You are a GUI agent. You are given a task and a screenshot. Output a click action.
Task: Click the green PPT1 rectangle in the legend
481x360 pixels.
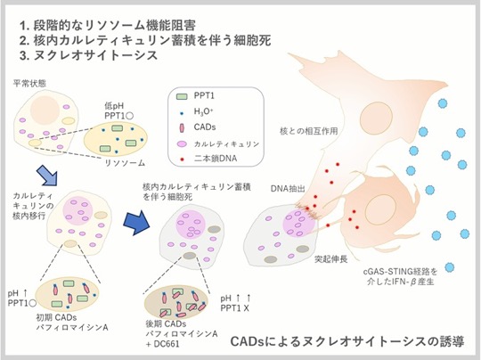[x=182, y=96]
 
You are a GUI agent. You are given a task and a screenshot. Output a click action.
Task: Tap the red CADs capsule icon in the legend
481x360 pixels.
[x=182, y=127]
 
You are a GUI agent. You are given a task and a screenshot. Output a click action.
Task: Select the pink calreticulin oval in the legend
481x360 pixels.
[x=182, y=143]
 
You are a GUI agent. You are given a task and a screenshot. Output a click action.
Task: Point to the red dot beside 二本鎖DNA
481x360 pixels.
[x=182, y=160]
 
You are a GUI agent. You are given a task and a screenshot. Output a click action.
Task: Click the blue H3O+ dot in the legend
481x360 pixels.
[x=182, y=113]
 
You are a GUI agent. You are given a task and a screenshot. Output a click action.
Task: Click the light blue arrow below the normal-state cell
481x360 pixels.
[x=46, y=175]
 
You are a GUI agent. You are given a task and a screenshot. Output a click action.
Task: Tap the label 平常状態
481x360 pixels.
[x=29, y=83]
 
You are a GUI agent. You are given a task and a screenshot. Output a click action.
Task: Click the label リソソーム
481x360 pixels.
[x=125, y=163]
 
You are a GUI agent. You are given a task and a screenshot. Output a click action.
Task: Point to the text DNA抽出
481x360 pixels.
[x=288, y=189]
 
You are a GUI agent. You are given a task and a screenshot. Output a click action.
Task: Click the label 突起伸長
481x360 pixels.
[x=331, y=259]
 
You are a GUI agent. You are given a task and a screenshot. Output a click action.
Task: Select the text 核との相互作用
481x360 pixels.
[x=308, y=131]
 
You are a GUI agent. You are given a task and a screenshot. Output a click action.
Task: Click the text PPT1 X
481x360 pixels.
[x=234, y=307]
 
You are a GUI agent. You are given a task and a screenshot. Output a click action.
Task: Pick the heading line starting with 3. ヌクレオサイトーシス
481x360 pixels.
[x=88, y=55]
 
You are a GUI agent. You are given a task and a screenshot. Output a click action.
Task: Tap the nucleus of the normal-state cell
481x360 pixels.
[x=45, y=110]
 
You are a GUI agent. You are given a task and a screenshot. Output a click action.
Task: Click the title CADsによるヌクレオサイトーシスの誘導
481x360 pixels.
[x=347, y=341]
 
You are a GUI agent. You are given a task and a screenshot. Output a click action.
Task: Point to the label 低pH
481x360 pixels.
[x=114, y=106]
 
